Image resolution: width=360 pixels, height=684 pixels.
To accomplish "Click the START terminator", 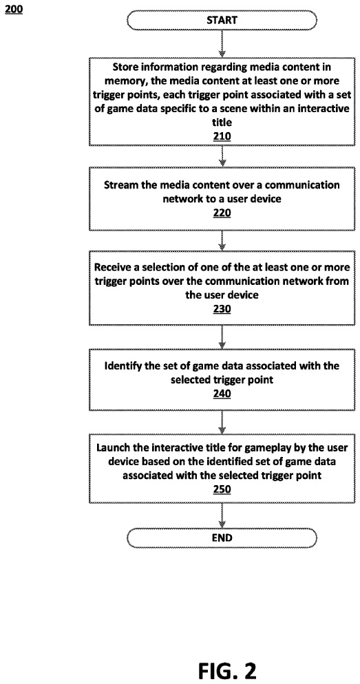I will coord(222,20).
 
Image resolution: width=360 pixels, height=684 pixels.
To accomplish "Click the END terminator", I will coord(222,537).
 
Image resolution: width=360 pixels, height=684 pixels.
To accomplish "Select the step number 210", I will coord(222,136).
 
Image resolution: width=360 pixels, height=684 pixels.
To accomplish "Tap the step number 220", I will coord(222,213).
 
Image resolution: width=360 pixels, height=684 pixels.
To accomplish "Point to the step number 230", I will coord(222,310).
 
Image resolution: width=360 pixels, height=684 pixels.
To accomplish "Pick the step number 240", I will coord(222,394).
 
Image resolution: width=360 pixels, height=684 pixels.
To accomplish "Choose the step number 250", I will coord(222,489).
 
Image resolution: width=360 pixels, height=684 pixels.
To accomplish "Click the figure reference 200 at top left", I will coord(14,10).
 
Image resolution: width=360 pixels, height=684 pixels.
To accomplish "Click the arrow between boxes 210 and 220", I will coord(222,157).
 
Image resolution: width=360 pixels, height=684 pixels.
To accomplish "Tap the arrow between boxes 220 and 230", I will coord(222,242).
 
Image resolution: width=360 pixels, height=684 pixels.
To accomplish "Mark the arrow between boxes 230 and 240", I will coord(222,337).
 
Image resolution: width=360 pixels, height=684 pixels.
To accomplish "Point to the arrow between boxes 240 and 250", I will coord(222,422).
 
